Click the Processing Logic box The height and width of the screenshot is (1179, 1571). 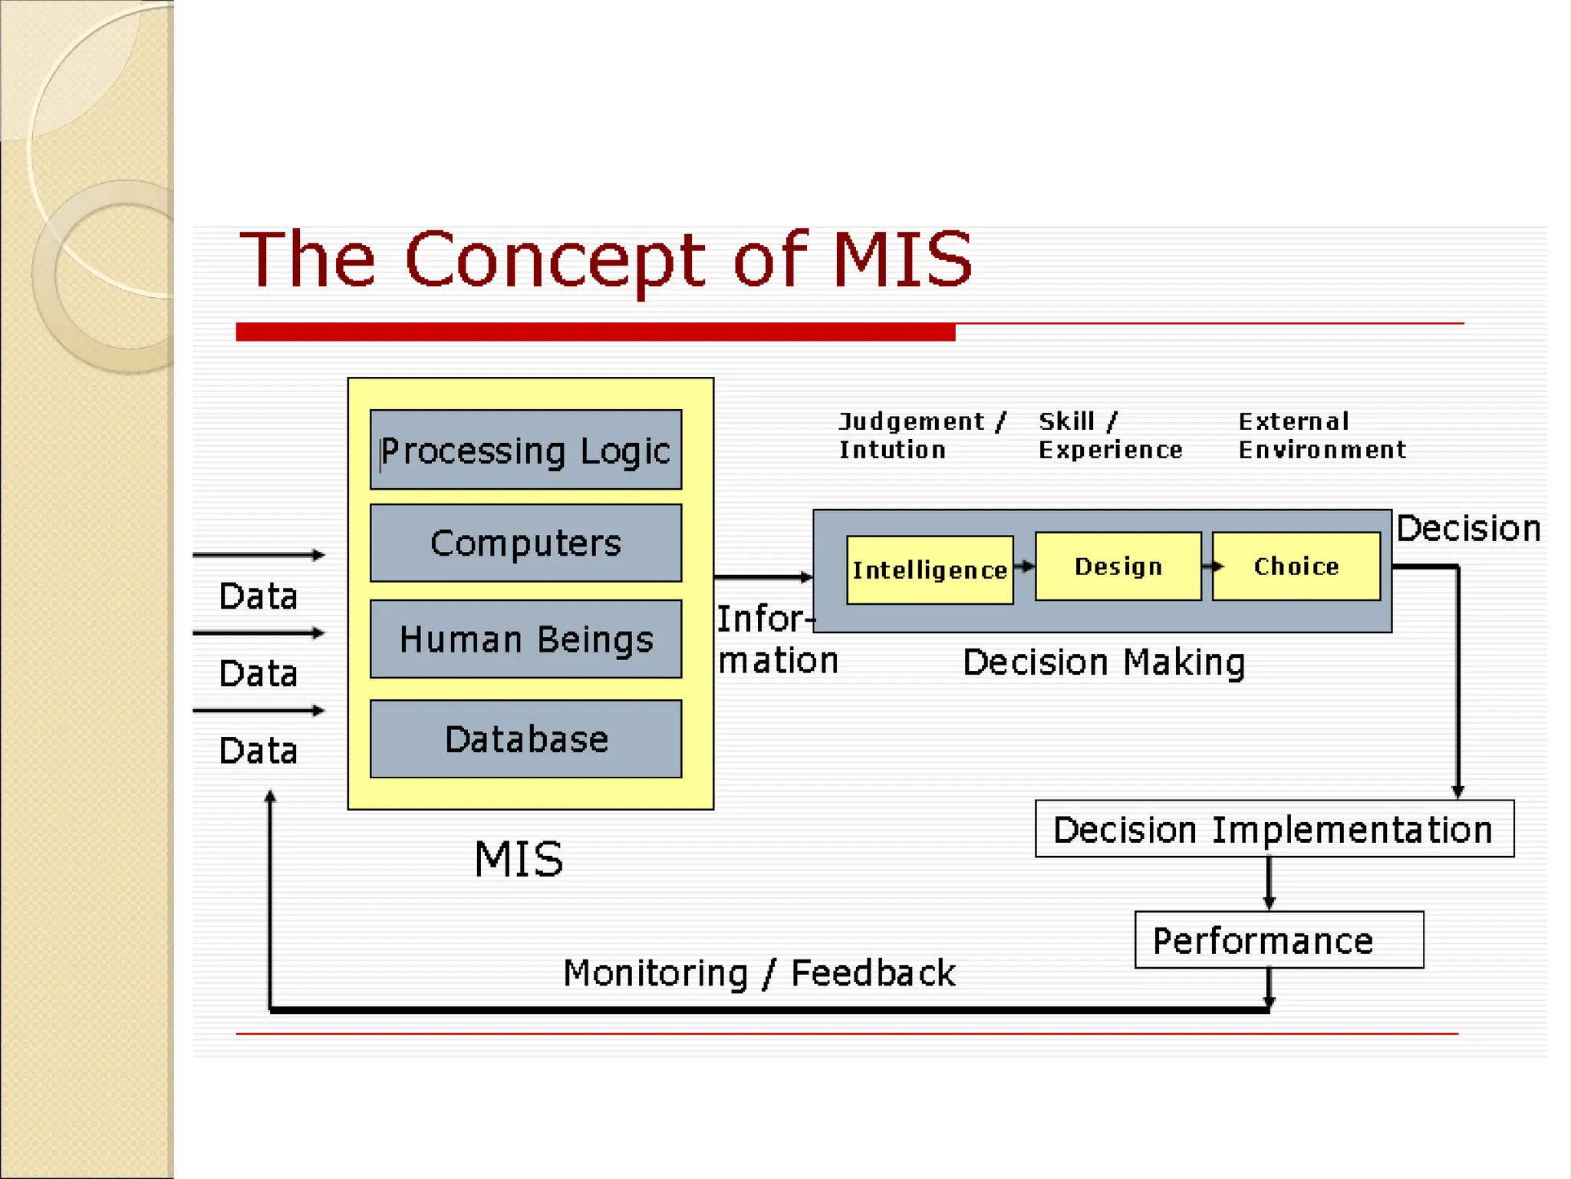(x=525, y=450)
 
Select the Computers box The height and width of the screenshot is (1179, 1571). (x=525, y=543)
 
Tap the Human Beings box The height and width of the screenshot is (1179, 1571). (x=525, y=639)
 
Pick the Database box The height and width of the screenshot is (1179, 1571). (x=525, y=738)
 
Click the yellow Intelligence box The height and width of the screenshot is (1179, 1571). (x=930, y=570)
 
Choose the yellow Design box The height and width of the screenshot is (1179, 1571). (x=1118, y=566)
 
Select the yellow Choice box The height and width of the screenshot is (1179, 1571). (x=1296, y=566)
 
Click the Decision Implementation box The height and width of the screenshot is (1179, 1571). (x=1273, y=829)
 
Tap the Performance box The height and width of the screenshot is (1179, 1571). (x=1278, y=940)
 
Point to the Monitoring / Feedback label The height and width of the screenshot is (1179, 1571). (x=759, y=973)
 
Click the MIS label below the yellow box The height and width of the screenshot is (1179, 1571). (x=519, y=859)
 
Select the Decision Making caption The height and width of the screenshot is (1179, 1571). (x=1104, y=662)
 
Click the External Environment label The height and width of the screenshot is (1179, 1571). (x=1322, y=435)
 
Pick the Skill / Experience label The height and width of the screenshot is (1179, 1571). (x=1110, y=435)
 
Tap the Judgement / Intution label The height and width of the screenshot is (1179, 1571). (x=921, y=435)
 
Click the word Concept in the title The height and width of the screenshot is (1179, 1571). (x=553, y=261)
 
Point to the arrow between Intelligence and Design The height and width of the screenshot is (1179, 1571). (x=1025, y=566)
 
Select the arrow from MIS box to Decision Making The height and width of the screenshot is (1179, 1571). (x=763, y=576)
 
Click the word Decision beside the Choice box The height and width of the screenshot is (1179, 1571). (x=1468, y=529)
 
